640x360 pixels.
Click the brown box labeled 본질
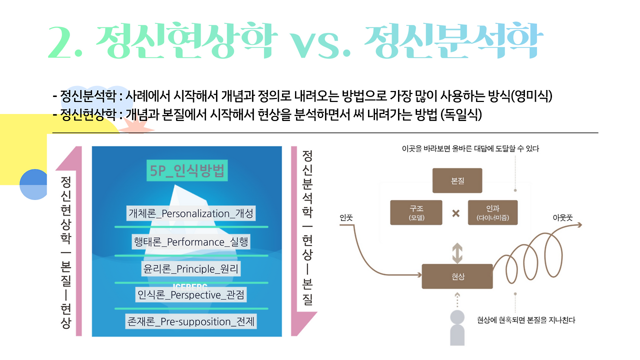tap(457, 180)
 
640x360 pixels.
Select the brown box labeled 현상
tap(457, 276)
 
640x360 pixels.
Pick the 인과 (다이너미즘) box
tap(493, 212)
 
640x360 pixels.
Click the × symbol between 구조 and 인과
tap(455, 213)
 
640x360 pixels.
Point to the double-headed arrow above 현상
tap(457, 252)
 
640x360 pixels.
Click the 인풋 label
tap(346, 218)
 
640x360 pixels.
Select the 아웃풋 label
tap(562, 218)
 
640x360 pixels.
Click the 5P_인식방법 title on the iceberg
tap(186, 171)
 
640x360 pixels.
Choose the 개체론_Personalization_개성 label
tap(191, 213)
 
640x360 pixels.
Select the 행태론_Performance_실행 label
tap(191, 242)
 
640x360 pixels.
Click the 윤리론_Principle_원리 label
tap(191, 269)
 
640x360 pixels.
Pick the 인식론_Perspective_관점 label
tap(191, 295)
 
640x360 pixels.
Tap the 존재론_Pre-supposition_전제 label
tap(191, 321)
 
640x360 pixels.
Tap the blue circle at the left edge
tap(33, 184)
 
